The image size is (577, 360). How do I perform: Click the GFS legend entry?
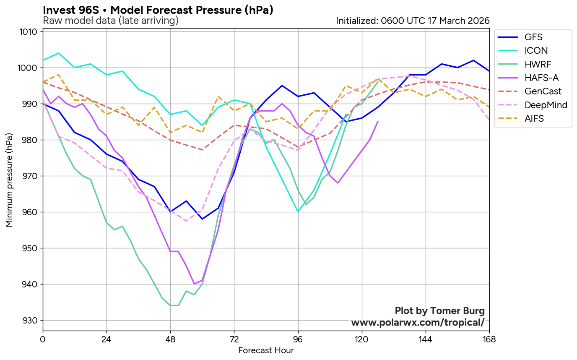click(533, 37)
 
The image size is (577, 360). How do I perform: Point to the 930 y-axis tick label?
click(31, 321)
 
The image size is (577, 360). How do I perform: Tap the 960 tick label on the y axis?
click(31, 212)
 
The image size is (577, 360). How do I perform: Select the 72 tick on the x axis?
click(234, 339)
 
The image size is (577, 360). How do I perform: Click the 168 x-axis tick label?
click(489, 339)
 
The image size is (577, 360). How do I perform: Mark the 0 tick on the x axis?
click(43, 339)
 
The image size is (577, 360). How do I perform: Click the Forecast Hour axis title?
click(266, 350)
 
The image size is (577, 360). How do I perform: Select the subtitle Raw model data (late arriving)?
click(111, 21)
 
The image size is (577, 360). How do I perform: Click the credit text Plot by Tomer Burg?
click(439, 311)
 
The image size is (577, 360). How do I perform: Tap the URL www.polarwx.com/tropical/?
click(418, 323)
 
